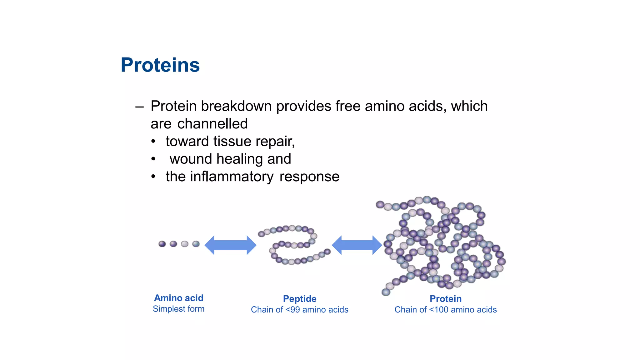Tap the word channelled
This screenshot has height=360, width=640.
pyautogui.click(x=212, y=124)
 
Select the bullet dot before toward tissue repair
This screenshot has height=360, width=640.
pyautogui.click(x=153, y=142)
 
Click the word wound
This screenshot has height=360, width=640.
pyautogui.click(x=191, y=159)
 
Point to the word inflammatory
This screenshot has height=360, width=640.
pyautogui.click(x=232, y=177)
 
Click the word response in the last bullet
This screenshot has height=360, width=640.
pyautogui.click(x=309, y=177)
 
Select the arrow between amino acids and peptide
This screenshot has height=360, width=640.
pyautogui.click(x=230, y=245)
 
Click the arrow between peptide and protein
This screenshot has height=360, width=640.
pyautogui.click(x=357, y=245)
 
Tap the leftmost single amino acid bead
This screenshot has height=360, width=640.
pyautogui.click(x=162, y=244)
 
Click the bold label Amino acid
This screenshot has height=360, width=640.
pyautogui.click(x=179, y=298)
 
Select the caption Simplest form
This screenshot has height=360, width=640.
pyautogui.click(x=179, y=309)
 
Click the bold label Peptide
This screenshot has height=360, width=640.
pyautogui.click(x=300, y=299)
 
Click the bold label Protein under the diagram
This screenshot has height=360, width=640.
pyautogui.click(x=446, y=299)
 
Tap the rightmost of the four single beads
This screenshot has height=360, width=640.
pyautogui.click(x=196, y=244)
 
